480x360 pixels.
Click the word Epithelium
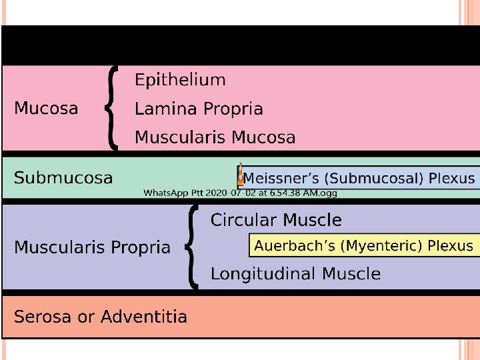click(x=180, y=81)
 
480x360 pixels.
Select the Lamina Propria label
click(x=199, y=109)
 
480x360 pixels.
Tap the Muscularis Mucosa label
click(x=215, y=138)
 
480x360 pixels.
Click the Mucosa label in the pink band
click(x=46, y=108)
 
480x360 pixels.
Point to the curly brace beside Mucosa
click(x=113, y=108)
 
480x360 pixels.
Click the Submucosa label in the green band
click(x=63, y=178)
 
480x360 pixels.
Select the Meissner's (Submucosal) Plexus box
click(x=359, y=179)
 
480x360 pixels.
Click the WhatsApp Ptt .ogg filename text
click(x=241, y=193)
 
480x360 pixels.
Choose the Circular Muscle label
click(x=275, y=220)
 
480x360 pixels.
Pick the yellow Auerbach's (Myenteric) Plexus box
click(x=363, y=245)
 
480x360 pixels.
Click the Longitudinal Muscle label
click(x=295, y=273)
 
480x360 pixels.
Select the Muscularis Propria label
click(x=92, y=247)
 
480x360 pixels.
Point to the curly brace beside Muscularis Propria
click(x=192, y=247)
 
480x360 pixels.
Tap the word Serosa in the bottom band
click(x=42, y=317)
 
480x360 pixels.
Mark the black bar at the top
click(x=240, y=45)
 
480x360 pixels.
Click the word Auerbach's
click(x=294, y=245)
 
